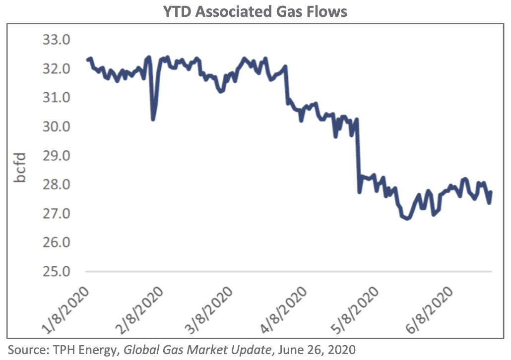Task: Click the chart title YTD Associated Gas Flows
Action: coord(255,11)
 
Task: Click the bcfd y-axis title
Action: coord(20,169)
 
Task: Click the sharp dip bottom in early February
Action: coord(153,120)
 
